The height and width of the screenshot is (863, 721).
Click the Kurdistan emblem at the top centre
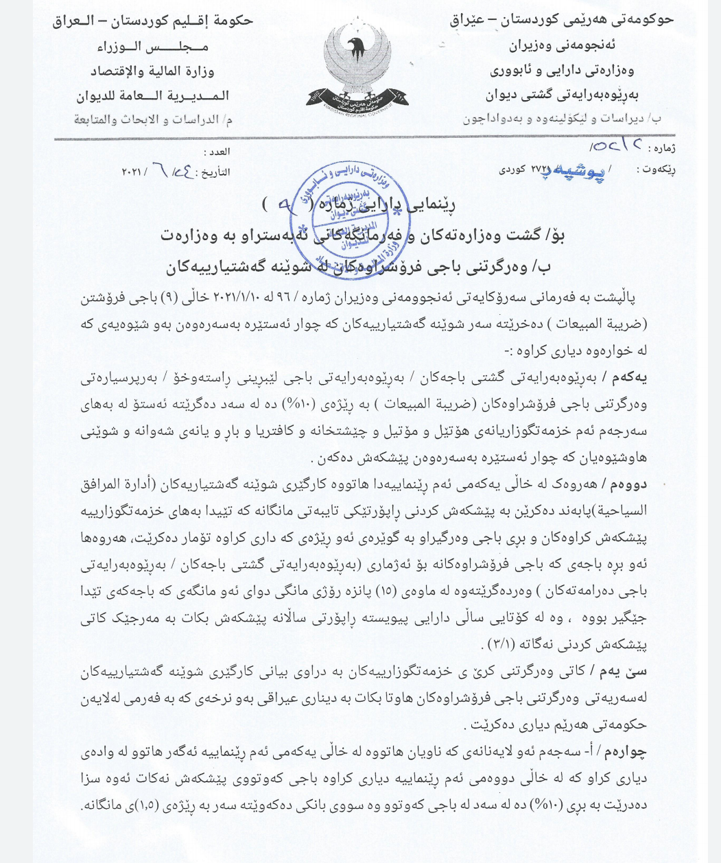[x=359, y=65]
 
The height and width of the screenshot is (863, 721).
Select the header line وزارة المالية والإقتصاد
[x=152, y=71]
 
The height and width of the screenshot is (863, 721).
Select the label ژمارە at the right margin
[x=662, y=147]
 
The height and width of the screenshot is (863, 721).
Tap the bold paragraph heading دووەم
[x=629, y=483]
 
